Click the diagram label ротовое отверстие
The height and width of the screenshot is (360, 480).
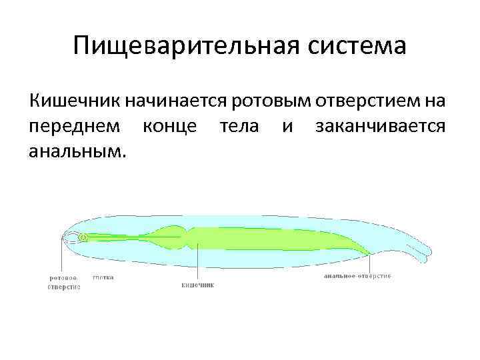[x=63, y=282]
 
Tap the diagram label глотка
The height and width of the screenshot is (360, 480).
[x=103, y=277]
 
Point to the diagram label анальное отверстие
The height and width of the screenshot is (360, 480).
[x=357, y=276]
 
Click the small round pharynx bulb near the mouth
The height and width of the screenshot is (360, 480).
[x=83, y=237]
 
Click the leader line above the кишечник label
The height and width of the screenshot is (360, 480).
[x=197, y=263]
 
